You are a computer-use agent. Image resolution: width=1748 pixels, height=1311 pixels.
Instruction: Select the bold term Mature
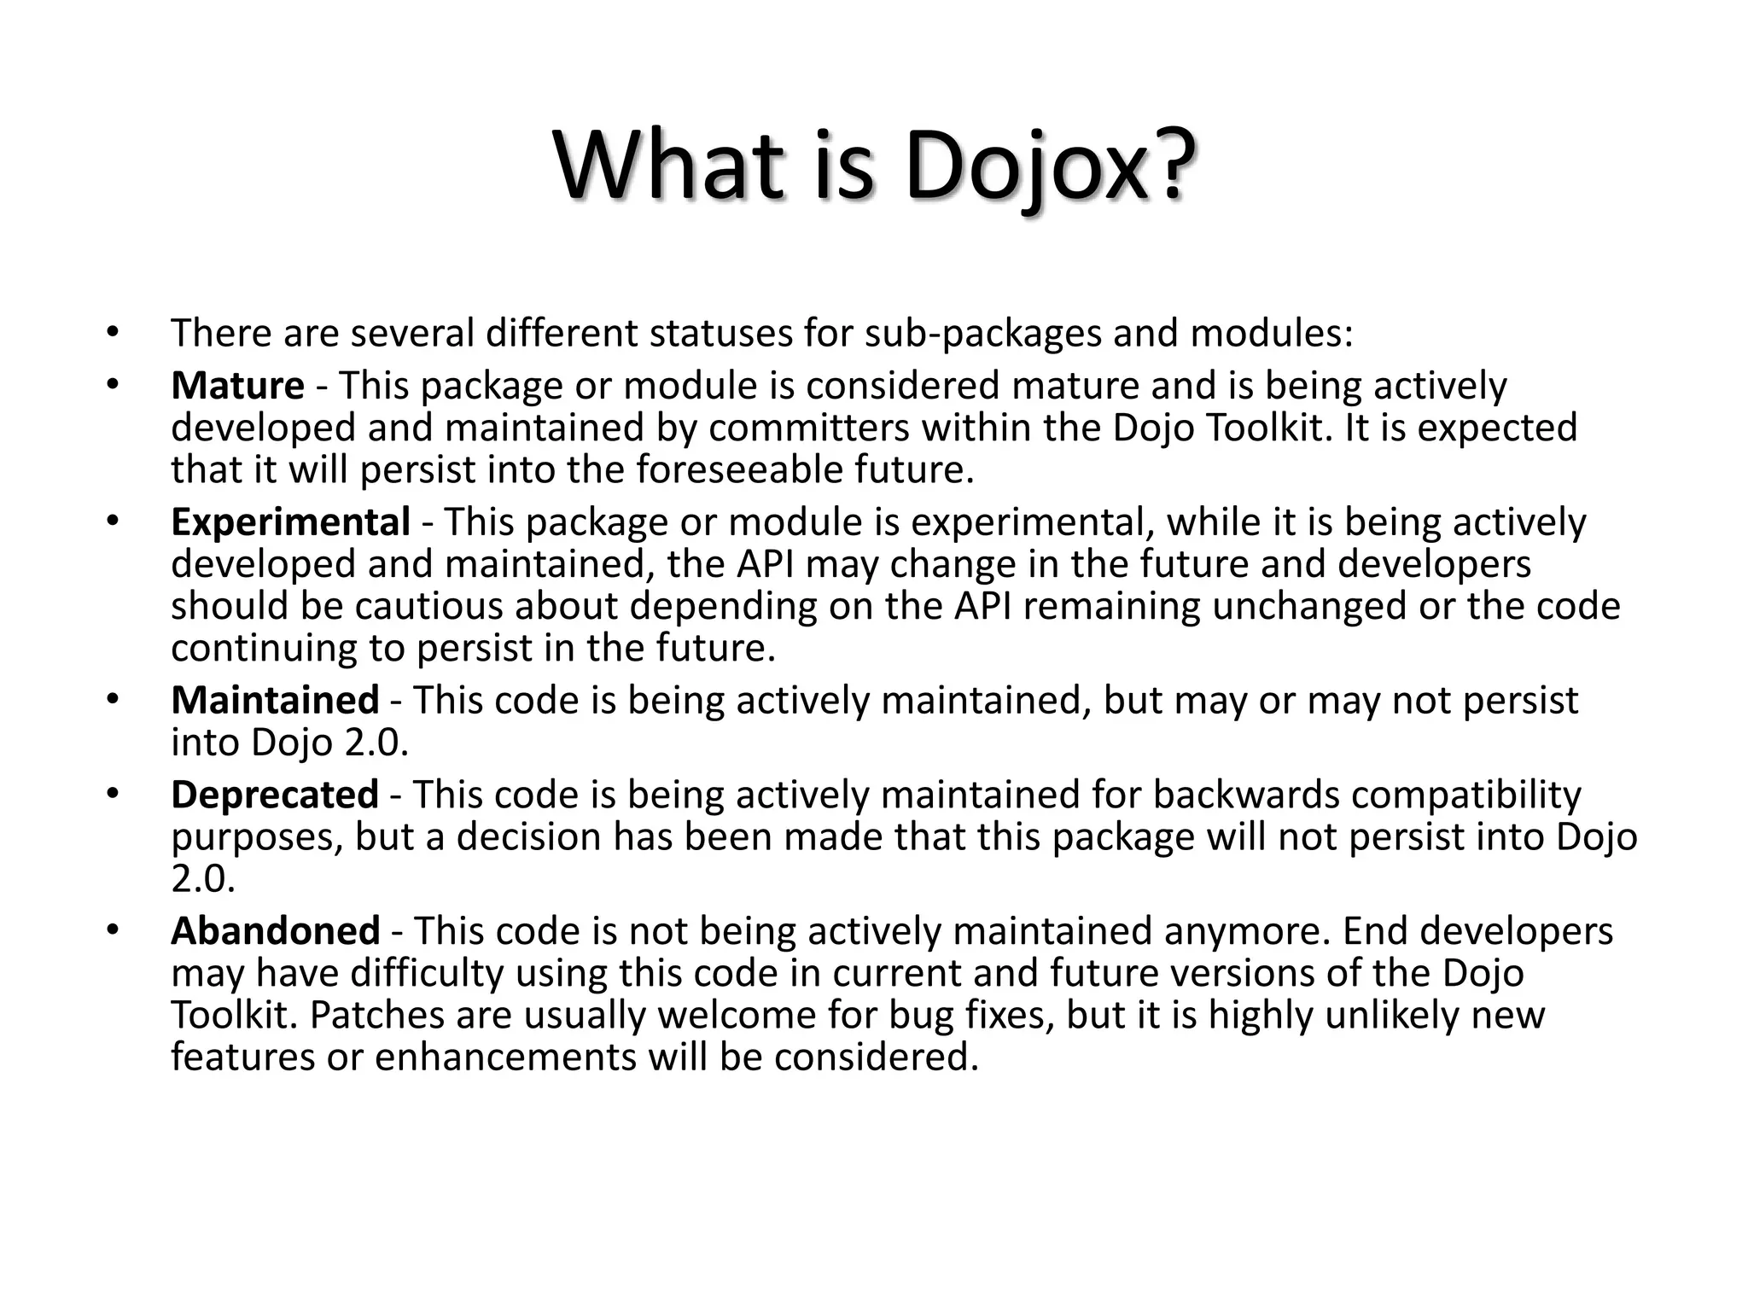(x=237, y=386)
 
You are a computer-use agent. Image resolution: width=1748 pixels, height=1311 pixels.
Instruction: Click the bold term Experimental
(x=290, y=522)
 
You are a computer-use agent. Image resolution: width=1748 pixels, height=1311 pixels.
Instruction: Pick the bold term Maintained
(x=275, y=701)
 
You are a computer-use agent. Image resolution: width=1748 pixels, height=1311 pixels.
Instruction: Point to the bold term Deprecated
(x=275, y=795)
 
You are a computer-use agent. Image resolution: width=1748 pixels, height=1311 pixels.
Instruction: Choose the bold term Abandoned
(x=276, y=931)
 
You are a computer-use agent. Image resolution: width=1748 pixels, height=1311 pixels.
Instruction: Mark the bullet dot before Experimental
(x=112, y=521)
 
